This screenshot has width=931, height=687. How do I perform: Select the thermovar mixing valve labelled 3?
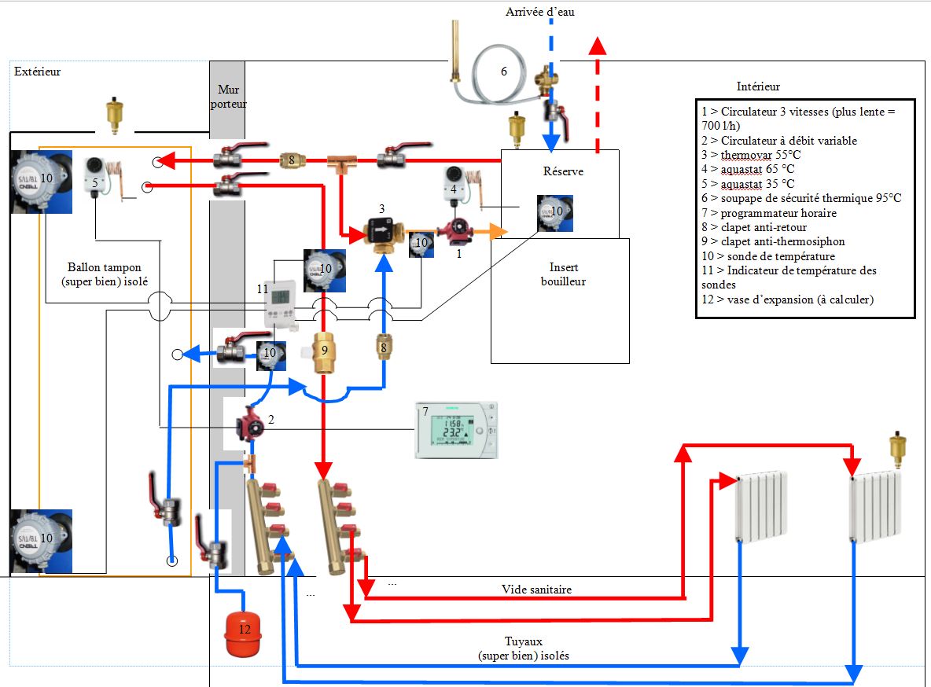[x=382, y=232]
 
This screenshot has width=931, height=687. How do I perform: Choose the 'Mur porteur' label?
[x=228, y=97]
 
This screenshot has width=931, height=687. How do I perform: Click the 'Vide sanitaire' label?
[x=536, y=589]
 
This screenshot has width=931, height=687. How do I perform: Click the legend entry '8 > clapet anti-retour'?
[x=754, y=227]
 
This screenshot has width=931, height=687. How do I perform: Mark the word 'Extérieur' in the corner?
[x=38, y=72]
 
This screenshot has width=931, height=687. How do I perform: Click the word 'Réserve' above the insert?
[x=562, y=171]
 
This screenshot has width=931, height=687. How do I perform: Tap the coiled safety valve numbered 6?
[x=503, y=71]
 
